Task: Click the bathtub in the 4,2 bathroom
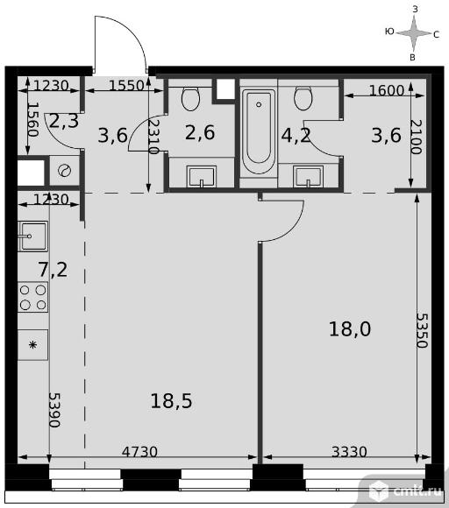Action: (x=259, y=131)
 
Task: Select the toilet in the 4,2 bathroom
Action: (x=303, y=98)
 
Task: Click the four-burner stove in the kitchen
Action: (x=32, y=297)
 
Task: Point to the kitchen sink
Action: (x=32, y=236)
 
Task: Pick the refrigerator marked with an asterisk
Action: (x=32, y=345)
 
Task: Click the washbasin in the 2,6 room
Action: (x=201, y=177)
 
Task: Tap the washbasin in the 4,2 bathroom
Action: (x=308, y=177)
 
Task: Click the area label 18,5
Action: (x=171, y=401)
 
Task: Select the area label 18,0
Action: (x=350, y=329)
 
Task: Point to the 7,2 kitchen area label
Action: (x=53, y=270)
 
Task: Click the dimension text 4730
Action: (x=139, y=452)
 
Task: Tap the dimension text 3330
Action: (x=349, y=452)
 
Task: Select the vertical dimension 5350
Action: (x=423, y=330)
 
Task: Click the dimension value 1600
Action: (x=387, y=90)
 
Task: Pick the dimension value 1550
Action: (x=126, y=86)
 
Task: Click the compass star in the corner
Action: (x=414, y=33)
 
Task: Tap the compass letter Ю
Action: (x=389, y=32)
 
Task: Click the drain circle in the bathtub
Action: (x=259, y=104)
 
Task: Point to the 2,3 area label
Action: (x=64, y=121)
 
